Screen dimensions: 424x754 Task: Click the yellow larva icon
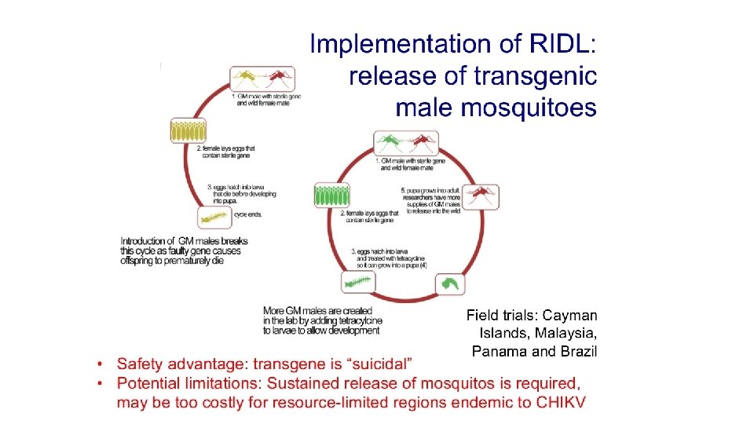pos(213,218)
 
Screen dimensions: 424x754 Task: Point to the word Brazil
pos(577,351)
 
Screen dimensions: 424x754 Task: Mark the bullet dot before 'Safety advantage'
pos(101,365)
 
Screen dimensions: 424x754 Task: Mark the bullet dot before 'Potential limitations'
pos(101,384)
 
